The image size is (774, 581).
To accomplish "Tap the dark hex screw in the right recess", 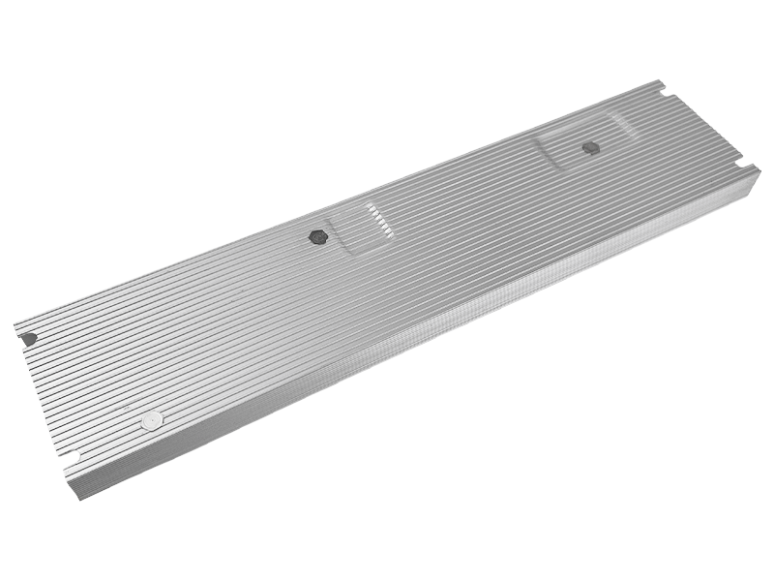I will pos(589,148).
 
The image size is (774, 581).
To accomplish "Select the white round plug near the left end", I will pos(151,421).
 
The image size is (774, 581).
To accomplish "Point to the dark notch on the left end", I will pos(30,339).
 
